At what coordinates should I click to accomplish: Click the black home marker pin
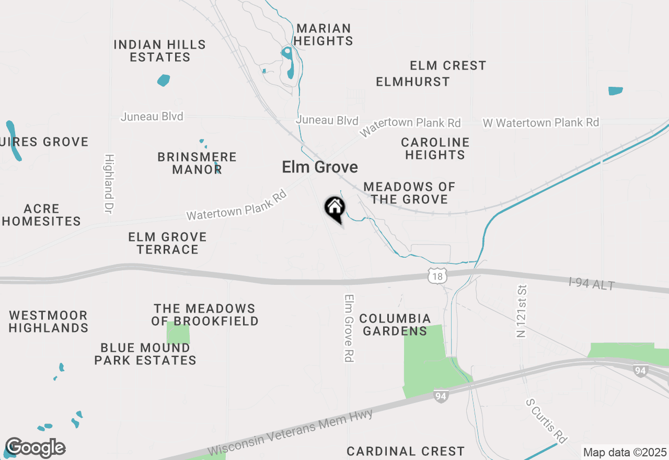[x=334, y=208]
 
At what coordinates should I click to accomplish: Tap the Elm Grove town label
[x=320, y=167]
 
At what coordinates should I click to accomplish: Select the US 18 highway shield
[x=436, y=276]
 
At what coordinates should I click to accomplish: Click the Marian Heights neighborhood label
[x=323, y=34]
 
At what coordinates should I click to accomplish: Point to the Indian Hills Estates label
[x=160, y=51]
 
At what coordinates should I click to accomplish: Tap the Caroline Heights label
[x=435, y=148]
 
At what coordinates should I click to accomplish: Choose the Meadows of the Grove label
[x=409, y=193]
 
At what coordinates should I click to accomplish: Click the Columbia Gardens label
[x=395, y=325]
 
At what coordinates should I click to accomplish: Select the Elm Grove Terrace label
[x=168, y=244]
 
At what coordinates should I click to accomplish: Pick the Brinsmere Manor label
[x=197, y=163]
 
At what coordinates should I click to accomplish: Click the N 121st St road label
[x=521, y=311]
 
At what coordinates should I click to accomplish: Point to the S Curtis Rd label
[x=547, y=421]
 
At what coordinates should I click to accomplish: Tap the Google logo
[x=35, y=448]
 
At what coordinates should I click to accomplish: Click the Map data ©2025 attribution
[x=625, y=452]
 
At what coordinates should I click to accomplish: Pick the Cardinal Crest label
[x=406, y=451]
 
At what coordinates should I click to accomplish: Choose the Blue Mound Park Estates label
[x=145, y=354]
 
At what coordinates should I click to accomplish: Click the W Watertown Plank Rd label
[x=541, y=122]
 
